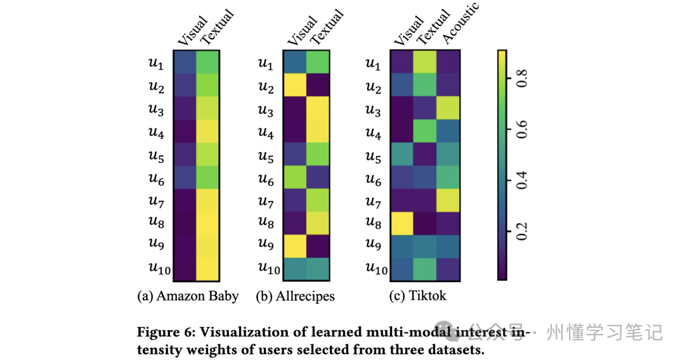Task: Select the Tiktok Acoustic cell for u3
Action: (x=449, y=107)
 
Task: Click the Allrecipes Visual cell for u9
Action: (x=296, y=245)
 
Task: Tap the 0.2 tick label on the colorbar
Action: (x=522, y=230)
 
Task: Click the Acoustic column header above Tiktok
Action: (x=460, y=24)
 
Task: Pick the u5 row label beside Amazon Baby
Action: (x=157, y=155)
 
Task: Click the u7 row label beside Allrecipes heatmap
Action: (x=266, y=202)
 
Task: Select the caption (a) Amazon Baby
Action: (x=188, y=296)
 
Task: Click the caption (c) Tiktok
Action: (x=418, y=296)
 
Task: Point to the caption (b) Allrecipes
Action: (x=295, y=296)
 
